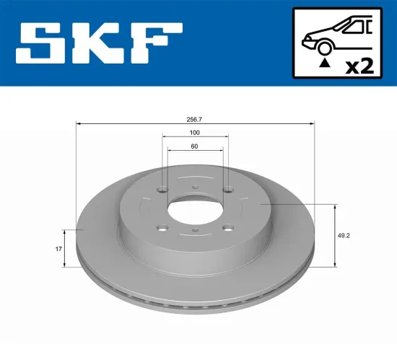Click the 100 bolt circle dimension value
[x=195, y=133]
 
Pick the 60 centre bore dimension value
[x=195, y=146]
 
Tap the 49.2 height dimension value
[x=346, y=234]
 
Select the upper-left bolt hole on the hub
[x=162, y=191]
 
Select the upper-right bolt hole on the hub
[x=227, y=190]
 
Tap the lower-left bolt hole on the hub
[x=162, y=230]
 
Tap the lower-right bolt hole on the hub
[x=227, y=229]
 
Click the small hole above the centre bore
[x=195, y=189]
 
